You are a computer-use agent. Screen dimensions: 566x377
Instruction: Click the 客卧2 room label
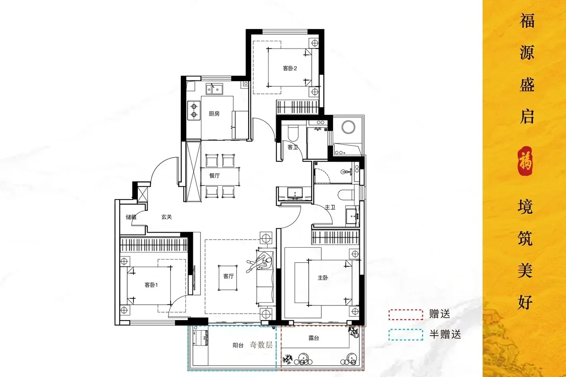(x=289, y=68)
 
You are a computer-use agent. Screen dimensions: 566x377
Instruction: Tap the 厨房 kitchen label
(x=214, y=114)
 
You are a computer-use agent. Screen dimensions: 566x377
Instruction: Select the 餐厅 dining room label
(x=215, y=175)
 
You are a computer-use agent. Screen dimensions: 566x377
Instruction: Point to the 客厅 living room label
(x=228, y=276)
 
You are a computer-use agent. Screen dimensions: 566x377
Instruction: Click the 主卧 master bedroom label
(x=323, y=278)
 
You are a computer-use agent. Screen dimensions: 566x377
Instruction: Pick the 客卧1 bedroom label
(x=151, y=285)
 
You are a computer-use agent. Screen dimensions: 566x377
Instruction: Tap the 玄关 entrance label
(x=167, y=217)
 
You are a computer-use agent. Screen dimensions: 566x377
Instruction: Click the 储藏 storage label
(x=131, y=217)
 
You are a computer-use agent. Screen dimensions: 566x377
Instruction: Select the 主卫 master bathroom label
(x=330, y=207)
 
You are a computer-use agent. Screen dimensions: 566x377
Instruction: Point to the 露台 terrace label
(x=314, y=338)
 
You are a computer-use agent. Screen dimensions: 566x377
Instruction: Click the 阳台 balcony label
(x=238, y=345)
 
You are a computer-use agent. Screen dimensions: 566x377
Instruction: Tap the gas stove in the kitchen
(x=194, y=110)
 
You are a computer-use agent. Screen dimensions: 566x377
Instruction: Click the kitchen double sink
(x=214, y=89)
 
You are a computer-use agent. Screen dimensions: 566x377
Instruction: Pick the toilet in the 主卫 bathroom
(x=346, y=194)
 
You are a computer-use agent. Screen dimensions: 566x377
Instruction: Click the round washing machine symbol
(x=348, y=127)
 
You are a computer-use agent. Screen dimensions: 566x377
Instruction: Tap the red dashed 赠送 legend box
(x=405, y=315)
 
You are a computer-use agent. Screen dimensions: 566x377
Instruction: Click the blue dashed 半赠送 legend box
(x=405, y=335)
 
